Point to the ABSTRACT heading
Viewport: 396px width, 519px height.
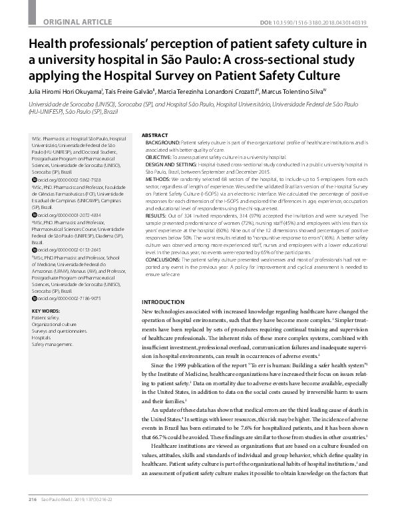(155, 134)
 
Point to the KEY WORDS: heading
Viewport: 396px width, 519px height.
(47, 311)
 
